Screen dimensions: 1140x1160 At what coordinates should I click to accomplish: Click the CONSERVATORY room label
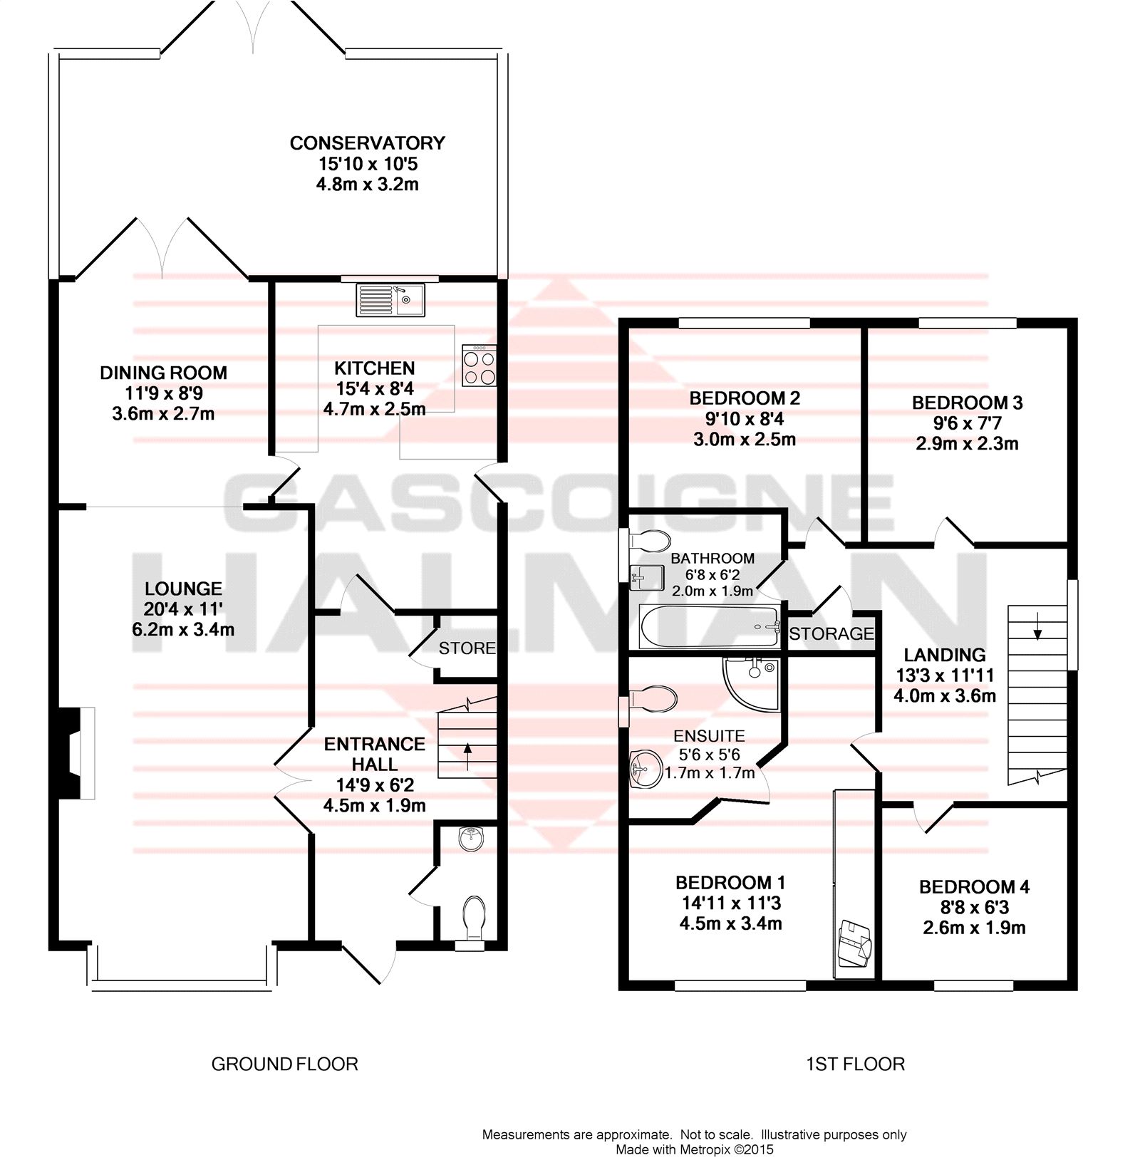[367, 143]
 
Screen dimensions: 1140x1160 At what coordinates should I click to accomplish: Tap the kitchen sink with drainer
[390, 300]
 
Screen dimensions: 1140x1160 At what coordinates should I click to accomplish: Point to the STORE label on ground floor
[467, 648]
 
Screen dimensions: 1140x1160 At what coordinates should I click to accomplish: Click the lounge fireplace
[77, 753]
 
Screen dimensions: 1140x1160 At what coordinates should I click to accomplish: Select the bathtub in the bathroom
[710, 626]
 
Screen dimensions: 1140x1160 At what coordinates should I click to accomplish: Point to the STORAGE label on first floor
[831, 633]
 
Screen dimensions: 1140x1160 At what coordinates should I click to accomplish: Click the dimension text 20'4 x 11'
[183, 609]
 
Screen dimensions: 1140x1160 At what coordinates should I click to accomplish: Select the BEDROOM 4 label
[974, 887]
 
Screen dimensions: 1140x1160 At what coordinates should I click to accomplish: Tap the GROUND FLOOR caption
[285, 1065]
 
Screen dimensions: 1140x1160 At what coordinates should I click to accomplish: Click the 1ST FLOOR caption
[855, 1065]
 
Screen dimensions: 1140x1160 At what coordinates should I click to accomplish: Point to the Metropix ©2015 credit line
[695, 1149]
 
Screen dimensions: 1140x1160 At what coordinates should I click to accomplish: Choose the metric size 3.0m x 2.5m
[745, 440]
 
